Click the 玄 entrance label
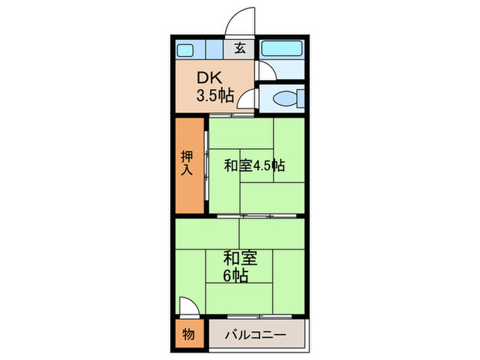241,48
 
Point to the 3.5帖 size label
215,95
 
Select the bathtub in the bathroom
282,49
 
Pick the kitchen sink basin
186,49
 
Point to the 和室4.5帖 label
254,165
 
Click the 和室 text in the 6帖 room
239,259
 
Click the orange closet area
189,192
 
